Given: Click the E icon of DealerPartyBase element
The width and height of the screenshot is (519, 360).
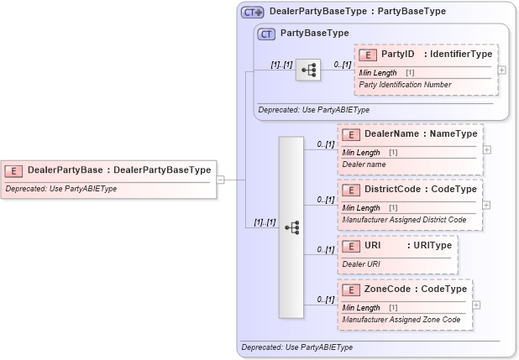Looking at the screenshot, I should coord(14,170).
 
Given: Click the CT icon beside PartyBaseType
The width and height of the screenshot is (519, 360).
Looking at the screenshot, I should coord(267,34).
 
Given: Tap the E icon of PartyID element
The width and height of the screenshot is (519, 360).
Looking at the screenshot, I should coord(367,55).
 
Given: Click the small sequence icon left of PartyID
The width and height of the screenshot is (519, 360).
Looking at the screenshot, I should coord(308,70).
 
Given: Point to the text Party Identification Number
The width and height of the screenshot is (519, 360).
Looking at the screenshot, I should coord(405,85).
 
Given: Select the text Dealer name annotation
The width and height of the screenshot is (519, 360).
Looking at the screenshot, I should coord(365,164).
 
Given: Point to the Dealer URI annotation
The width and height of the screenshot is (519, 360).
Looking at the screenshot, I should coord(362,263).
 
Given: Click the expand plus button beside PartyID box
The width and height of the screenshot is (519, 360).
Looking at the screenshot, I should coord(502,70).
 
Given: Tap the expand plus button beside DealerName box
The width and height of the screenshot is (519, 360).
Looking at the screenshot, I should coord(487,149).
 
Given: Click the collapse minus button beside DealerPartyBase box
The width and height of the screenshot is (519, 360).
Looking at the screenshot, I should coord(220,179).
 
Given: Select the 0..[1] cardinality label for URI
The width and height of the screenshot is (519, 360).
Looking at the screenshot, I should coord(325,249).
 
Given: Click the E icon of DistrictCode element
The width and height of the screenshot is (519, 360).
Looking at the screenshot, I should coord(352,190).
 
